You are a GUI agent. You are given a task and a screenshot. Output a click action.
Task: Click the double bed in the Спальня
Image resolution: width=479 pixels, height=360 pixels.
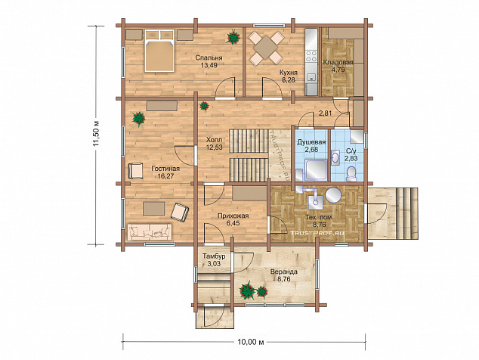tap(159, 51)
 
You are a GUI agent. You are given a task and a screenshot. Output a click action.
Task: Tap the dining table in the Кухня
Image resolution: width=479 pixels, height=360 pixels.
tap(265, 48)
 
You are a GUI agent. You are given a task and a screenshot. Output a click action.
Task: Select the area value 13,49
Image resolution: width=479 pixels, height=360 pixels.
tap(209, 65)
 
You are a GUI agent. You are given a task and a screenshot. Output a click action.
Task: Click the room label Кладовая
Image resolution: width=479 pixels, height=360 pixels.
tap(338, 63)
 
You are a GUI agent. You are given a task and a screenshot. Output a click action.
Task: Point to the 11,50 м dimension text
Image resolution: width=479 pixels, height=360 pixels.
tap(97, 135)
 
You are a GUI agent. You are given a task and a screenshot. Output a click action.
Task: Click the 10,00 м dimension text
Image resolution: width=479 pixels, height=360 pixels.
tap(251, 342)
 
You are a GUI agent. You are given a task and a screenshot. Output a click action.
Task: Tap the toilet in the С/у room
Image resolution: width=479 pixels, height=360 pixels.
tap(352, 174)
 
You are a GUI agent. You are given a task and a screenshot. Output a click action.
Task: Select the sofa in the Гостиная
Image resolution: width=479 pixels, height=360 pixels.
tap(150, 232)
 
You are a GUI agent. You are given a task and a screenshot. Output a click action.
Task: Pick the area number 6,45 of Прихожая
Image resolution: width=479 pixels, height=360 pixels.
tap(233, 223)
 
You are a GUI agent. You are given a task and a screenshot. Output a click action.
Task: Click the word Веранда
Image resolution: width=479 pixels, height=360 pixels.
tap(284, 272)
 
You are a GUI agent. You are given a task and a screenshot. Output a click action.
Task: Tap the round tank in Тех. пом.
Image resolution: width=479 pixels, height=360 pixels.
tap(333, 195)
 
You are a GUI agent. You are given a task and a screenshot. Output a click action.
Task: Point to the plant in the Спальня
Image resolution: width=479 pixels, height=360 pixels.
tap(233, 37)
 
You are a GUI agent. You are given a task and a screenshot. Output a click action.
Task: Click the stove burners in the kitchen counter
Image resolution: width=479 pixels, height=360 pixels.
tap(311, 56)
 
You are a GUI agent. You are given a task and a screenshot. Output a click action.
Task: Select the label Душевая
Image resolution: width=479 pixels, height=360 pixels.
tap(311, 142)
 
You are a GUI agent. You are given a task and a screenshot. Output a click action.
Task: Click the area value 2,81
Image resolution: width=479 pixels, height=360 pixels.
tap(326, 113)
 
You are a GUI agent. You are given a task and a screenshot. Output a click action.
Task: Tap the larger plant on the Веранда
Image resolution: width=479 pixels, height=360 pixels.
tap(247, 290)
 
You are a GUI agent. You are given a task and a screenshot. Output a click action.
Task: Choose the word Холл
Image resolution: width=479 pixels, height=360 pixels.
tap(215, 140)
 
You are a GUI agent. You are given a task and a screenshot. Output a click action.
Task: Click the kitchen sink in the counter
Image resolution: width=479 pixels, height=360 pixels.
tap(311, 77)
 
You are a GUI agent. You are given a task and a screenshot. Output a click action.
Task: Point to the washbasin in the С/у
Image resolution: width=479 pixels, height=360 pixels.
tap(335, 158)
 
